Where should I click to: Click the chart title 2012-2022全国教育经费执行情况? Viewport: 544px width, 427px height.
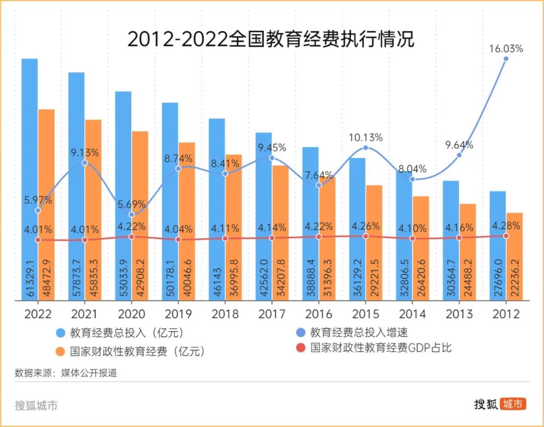coord(270,39)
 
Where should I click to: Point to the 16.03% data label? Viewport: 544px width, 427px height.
coord(506,49)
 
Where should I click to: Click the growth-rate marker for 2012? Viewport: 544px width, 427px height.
coord(506,59)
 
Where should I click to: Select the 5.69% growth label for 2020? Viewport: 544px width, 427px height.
coord(131,204)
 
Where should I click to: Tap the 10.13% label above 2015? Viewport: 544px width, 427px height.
coord(366,137)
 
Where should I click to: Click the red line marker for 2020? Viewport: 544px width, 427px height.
coord(131,236)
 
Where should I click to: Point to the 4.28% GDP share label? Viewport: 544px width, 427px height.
coord(505,225)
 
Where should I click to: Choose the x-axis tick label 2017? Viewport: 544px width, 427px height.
coord(271,314)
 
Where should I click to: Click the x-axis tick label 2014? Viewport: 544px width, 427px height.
coord(412,314)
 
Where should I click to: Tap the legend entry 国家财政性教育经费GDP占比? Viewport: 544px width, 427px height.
coord(381,347)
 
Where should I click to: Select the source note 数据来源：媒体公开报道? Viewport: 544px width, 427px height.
coord(66,373)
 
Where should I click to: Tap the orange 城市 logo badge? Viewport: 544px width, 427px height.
coord(513,403)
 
